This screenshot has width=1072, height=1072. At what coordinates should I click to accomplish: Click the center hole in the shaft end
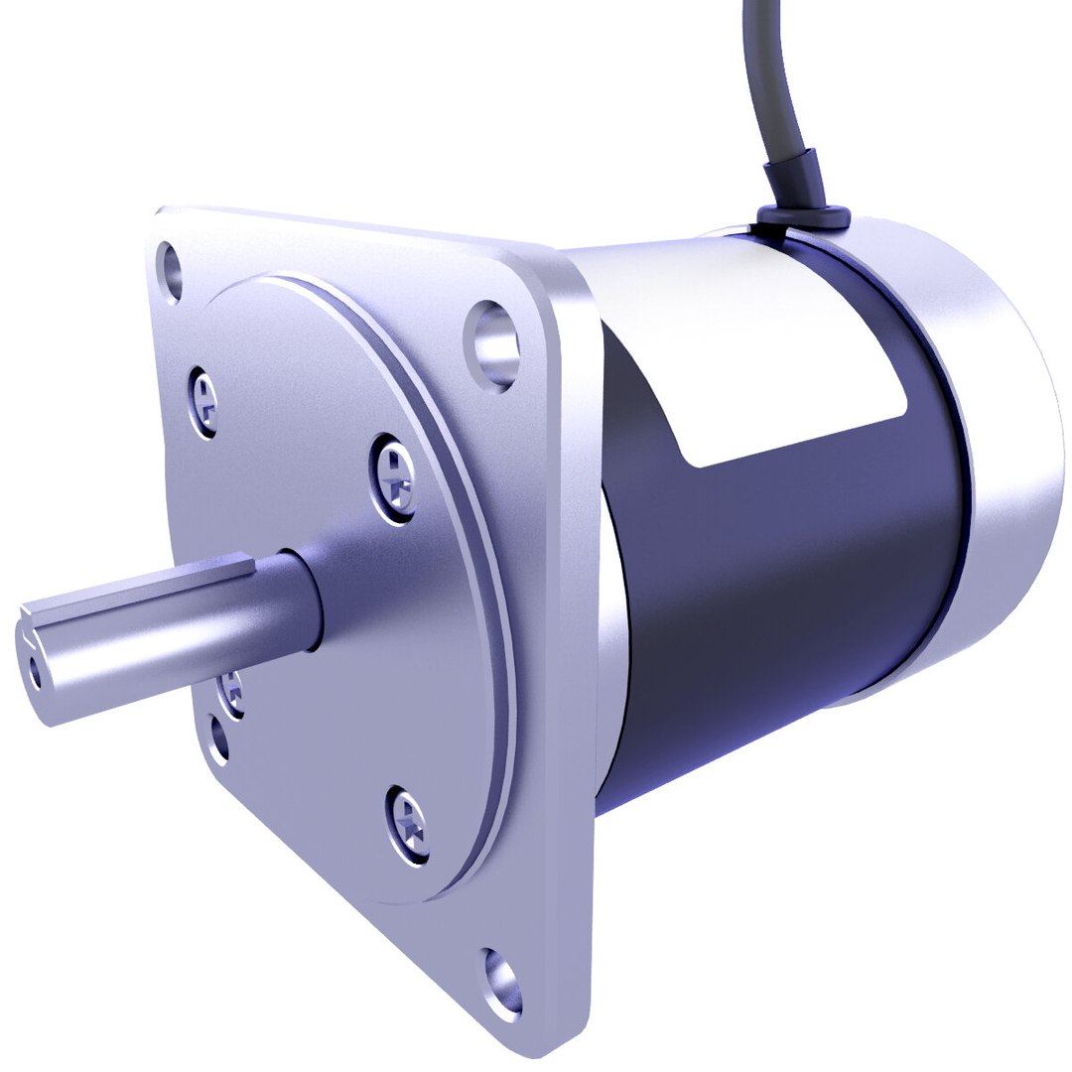pos(38,673)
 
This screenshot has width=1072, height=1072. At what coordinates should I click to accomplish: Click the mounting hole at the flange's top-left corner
pos(172,269)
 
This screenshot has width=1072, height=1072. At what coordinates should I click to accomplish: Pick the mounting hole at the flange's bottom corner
pos(503,982)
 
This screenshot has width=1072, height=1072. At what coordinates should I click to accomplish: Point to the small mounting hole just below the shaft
pos(218,740)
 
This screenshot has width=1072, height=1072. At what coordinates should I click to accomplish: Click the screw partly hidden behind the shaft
pos(234,688)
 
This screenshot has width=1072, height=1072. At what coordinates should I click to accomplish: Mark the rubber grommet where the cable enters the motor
pos(798,212)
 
